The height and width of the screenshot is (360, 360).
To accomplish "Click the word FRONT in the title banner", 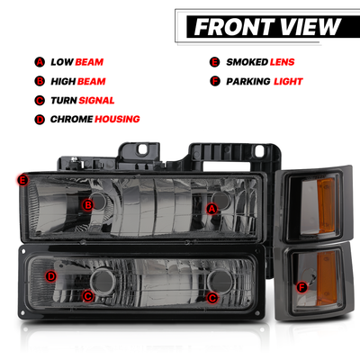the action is point(234,27).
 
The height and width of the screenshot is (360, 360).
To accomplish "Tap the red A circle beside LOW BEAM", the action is point(40,62).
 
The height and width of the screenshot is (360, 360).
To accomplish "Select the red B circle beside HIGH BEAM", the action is point(40,81).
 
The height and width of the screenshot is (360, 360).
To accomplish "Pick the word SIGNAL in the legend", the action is point(96,100).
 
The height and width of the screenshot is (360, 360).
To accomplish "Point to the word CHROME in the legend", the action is point(71,119).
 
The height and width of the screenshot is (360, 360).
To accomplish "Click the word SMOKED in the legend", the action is point(247,62).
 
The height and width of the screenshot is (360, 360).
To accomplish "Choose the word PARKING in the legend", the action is point(248,81).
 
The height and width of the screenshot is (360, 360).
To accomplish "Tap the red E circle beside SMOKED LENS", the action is point(215,62).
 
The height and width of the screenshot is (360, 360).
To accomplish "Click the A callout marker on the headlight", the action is point(211,209).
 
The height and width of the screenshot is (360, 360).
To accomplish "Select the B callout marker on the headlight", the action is point(88,205).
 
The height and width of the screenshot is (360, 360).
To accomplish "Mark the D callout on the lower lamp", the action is point(51,276).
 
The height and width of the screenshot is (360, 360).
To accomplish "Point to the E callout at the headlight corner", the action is point(22,180).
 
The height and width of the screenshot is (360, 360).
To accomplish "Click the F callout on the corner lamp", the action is point(301,287).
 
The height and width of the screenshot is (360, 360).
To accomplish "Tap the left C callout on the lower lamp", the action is point(88,296).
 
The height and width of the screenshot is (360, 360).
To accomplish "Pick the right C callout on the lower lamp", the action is point(212,298).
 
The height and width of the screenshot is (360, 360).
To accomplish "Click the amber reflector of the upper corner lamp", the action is point(326,205).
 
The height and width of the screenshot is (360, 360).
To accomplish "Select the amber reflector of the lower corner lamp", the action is point(327,278).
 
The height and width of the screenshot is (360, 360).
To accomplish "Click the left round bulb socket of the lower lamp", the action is point(103,282).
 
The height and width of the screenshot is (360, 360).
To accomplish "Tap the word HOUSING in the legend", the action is point(117,119).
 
